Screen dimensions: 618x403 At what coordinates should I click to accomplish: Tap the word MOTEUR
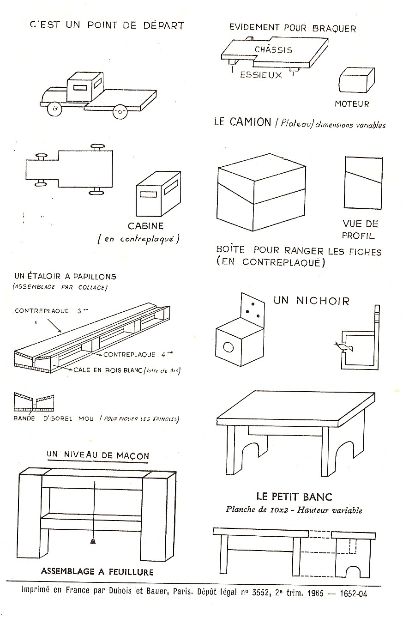(352, 104)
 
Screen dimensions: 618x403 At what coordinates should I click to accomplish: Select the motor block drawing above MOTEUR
(356, 81)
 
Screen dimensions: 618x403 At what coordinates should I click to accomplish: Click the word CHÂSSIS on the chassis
(273, 49)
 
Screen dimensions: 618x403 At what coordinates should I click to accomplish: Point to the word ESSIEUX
(261, 75)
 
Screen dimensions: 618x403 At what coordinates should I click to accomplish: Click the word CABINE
(145, 226)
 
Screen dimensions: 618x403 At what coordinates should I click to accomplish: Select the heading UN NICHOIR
(312, 301)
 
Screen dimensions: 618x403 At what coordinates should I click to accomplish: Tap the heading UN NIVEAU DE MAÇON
(98, 455)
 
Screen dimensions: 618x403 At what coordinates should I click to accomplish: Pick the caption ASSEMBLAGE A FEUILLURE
(97, 572)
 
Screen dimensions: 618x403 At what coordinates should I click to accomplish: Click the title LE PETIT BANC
(294, 497)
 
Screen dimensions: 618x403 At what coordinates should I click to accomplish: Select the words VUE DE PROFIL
(360, 230)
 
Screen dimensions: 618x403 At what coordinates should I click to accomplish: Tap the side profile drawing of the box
(363, 183)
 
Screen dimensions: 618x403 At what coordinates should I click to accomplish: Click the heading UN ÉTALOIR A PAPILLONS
(65, 277)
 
